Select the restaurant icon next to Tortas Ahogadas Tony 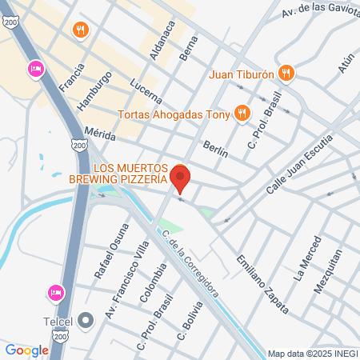point(240,113)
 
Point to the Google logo point(26,350)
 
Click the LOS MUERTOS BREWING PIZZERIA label point(130,174)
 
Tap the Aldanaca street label point(162,41)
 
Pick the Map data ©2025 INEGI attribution point(311,353)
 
